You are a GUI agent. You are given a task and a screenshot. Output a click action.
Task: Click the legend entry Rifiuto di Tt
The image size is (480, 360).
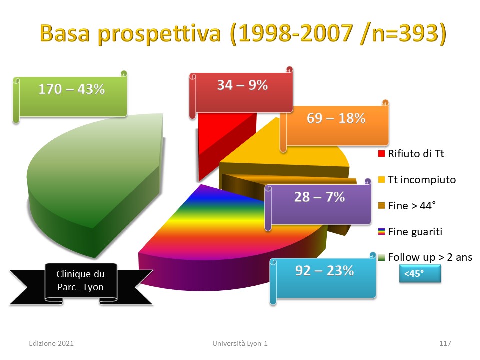point(411,153)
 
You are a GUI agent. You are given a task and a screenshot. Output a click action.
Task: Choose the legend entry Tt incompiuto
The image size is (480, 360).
point(417,179)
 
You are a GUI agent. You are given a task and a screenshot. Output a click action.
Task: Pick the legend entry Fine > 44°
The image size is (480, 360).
point(407,205)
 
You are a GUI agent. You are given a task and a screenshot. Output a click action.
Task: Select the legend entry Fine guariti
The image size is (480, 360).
point(410,231)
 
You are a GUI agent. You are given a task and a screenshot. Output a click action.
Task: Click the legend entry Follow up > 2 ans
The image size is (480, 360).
point(425,257)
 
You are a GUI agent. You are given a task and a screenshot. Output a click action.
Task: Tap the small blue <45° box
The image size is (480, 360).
point(420,273)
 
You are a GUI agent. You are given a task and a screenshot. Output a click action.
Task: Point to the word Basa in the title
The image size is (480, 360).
point(65,33)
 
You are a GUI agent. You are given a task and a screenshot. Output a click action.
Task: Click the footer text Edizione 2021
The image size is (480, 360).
point(51,343)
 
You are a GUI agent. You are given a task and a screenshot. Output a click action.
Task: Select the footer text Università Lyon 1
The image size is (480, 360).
point(240,343)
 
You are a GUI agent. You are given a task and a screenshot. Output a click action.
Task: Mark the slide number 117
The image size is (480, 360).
point(445,343)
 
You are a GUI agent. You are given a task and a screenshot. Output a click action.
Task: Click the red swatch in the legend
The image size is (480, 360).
point(381,153)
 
